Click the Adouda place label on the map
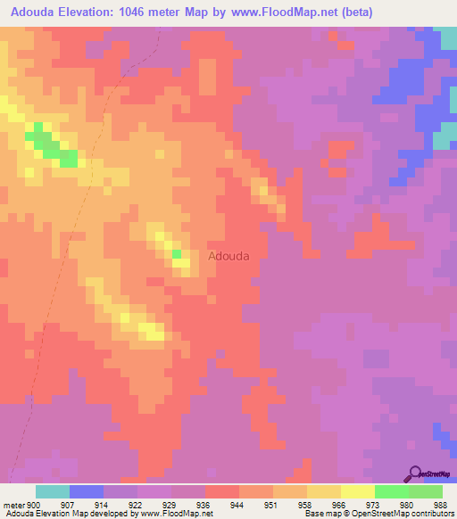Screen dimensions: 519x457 tap(228, 255)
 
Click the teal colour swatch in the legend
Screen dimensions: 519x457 tap(53, 491)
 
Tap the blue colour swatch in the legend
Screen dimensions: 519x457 tap(87, 491)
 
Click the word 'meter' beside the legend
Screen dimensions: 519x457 tap(13, 504)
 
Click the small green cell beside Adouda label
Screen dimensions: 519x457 tap(177, 253)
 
